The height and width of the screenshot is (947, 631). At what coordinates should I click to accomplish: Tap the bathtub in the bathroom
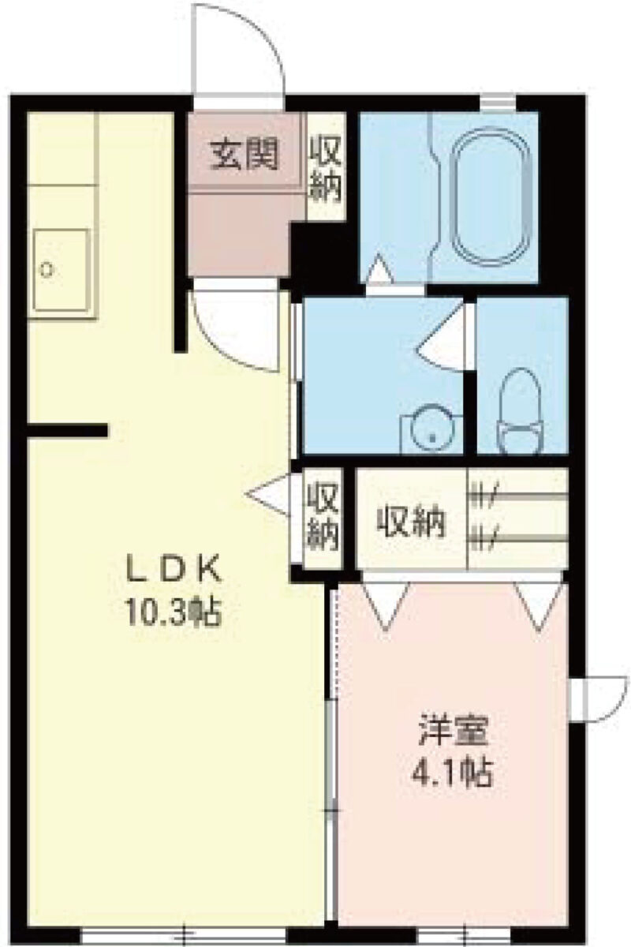pyautogui.click(x=491, y=197)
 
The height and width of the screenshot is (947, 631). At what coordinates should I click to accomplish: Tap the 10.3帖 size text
pyautogui.click(x=172, y=613)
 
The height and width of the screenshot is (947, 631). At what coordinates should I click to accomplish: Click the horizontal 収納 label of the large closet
pyautogui.click(x=411, y=522)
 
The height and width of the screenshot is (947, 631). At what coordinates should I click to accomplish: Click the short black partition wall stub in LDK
pyautogui.click(x=67, y=430)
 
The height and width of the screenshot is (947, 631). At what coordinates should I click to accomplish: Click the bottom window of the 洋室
pyautogui.click(x=465, y=935)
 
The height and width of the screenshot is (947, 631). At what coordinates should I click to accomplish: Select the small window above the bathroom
pyautogui.click(x=498, y=103)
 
